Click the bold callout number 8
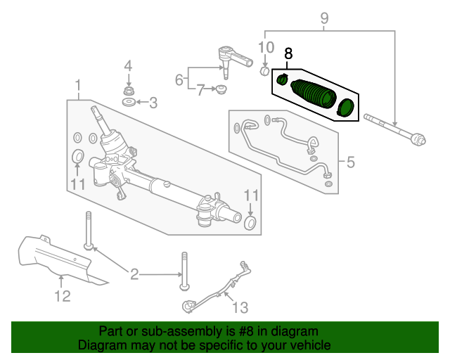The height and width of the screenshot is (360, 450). tap(288, 53)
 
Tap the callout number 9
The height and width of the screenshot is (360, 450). tap(324, 19)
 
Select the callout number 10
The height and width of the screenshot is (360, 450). tap(266, 47)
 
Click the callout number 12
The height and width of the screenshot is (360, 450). tap(63, 296)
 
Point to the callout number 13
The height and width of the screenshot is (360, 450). tap(240, 308)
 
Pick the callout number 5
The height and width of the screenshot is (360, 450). tap(351, 162)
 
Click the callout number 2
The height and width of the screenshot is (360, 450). tap(134, 274)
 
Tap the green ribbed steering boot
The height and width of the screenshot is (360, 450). tap(314, 94)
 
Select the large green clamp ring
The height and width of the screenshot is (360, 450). tap(345, 108)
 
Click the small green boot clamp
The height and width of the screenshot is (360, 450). tap(282, 79)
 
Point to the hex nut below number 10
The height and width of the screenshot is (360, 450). tap(264, 71)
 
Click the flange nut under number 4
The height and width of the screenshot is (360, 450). tap(128, 91)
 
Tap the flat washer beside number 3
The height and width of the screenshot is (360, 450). tap(129, 102)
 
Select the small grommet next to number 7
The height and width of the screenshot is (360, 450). tap(221, 89)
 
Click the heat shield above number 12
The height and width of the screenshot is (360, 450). tap(60, 260)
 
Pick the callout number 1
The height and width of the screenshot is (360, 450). tap(78, 86)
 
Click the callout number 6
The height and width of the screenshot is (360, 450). tap(179, 79)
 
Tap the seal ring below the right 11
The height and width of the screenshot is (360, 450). tap(250, 224)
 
